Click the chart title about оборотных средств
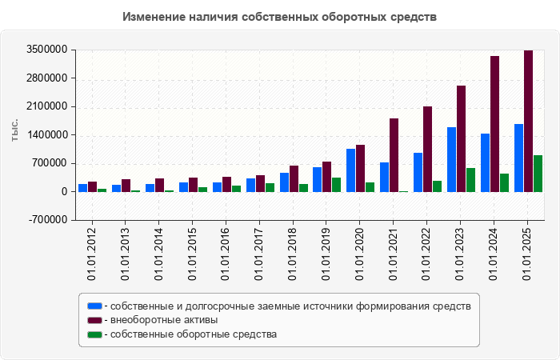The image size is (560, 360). pos(280,17)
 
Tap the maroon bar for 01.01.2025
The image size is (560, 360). pos(528,121)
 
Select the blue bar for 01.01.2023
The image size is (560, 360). pos(451,159)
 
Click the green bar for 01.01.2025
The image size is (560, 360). pos(538,174)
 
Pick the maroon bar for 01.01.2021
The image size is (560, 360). pos(394,155)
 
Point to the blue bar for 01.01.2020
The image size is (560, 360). pos(350,170)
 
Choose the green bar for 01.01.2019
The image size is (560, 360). pos(336,185)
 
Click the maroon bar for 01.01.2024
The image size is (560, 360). pos(494,124)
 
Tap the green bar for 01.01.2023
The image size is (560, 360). pos(470,180)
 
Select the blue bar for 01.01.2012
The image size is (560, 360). pos(82,188)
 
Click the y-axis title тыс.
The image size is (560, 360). pos(15,130)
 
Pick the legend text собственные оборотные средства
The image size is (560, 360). pos(194,334)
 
